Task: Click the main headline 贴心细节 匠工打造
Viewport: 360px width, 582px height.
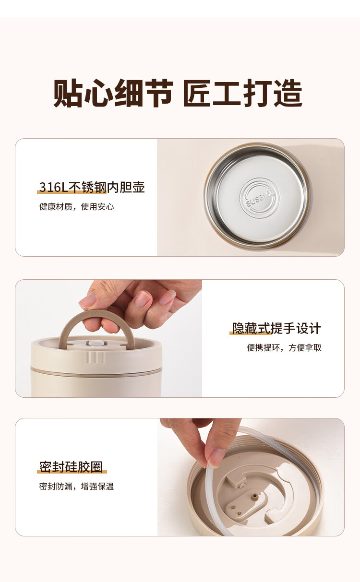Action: [178, 93]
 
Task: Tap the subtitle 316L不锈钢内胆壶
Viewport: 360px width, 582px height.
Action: [92, 187]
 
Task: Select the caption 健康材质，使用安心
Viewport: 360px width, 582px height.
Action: [76, 207]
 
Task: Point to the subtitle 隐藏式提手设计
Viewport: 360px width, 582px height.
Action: [276, 328]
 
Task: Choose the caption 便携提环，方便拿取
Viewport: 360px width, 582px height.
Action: [284, 348]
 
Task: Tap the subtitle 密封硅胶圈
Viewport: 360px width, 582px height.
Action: [71, 467]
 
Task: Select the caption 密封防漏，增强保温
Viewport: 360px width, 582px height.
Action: [76, 486]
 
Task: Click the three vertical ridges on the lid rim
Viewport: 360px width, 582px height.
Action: [96, 357]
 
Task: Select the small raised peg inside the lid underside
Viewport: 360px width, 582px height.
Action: [256, 496]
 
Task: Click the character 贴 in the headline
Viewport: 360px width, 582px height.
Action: [68, 93]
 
